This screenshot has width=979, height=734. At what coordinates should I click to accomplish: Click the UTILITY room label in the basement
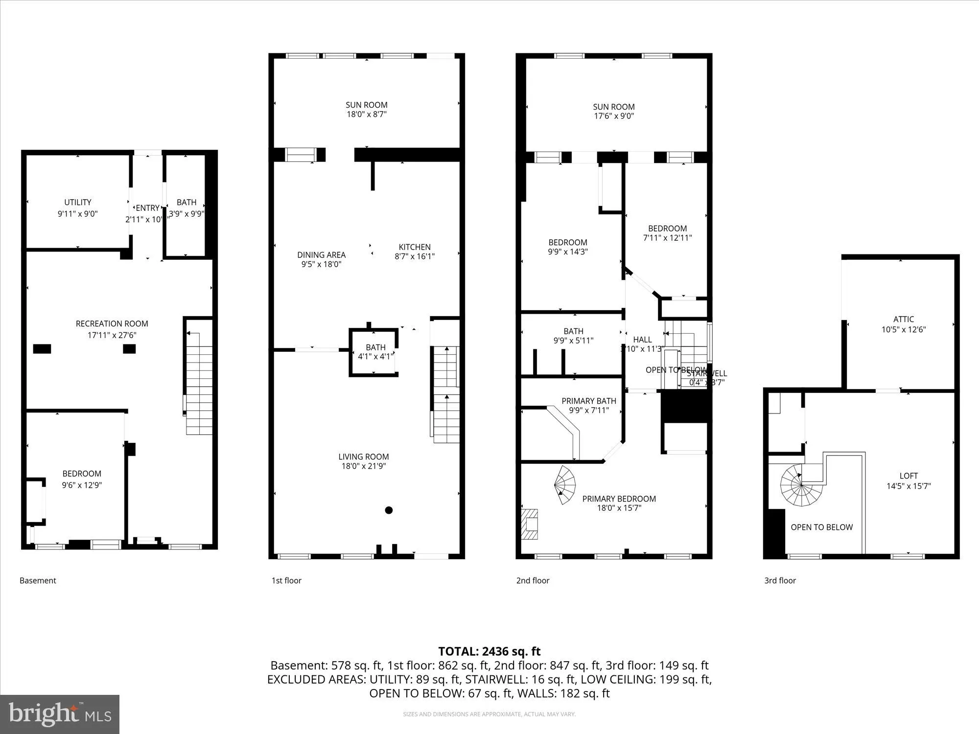(x=78, y=202)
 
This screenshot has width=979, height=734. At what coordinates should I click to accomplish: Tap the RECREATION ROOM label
(x=112, y=323)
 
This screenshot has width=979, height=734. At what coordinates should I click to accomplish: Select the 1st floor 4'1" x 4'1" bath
(x=375, y=352)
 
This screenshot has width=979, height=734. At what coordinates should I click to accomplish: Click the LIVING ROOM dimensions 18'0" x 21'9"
(x=364, y=466)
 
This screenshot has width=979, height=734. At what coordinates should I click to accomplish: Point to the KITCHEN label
(x=415, y=247)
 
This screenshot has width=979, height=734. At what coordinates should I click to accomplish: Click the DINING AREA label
(x=321, y=254)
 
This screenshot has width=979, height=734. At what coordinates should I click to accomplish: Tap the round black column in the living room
(x=389, y=510)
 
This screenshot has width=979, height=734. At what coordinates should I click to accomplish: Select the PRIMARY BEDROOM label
(x=619, y=499)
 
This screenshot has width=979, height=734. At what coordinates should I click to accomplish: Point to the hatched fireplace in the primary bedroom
(x=530, y=524)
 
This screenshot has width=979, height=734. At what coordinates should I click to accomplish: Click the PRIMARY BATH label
(x=588, y=401)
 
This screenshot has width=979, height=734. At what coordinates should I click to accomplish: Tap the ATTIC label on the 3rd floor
(x=903, y=319)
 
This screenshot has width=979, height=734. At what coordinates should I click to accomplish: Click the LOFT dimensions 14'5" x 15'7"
(x=909, y=486)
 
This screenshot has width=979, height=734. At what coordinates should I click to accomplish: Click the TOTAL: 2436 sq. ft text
(x=489, y=651)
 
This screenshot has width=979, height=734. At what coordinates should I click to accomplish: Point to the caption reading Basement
(x=38, y=580)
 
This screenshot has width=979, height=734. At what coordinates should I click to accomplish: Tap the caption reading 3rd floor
(x=780, y=580)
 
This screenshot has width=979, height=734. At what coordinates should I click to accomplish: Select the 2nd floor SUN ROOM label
(x=613, y=107)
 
